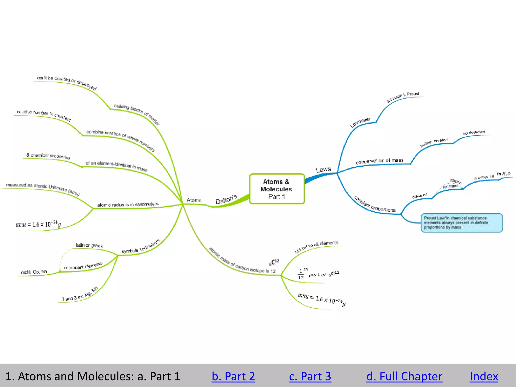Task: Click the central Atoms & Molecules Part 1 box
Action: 277,189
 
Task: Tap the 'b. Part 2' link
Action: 233,376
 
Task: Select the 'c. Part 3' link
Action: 310,376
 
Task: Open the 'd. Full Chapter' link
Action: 404,376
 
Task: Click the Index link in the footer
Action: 484,376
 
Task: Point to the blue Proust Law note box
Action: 462,223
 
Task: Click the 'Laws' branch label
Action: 323,170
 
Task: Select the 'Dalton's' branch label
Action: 226,199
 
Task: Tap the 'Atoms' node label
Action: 194,200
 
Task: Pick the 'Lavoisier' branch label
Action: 360,122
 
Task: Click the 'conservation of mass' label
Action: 379,161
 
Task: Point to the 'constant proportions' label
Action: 375,204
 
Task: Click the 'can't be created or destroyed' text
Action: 67,82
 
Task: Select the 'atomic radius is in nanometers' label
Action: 128,204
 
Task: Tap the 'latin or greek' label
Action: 89,245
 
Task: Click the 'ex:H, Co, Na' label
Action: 34,272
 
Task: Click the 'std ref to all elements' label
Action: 316,247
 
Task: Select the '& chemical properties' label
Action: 48,156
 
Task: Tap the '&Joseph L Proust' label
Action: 403,97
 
